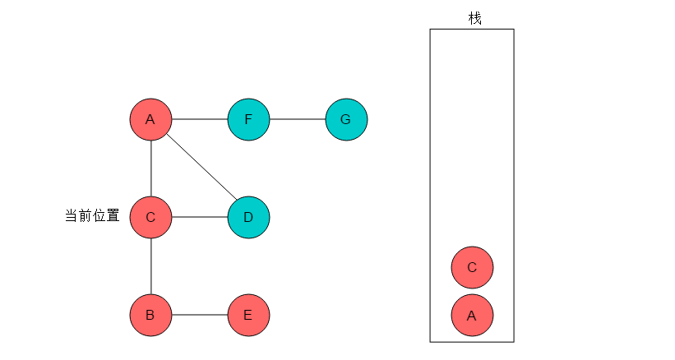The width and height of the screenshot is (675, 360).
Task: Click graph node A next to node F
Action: coord(150,119)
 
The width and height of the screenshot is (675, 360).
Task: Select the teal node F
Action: coord(248,119)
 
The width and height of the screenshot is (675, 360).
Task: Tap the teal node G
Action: coord(346,119)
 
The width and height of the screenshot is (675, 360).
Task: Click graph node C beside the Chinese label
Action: coord(150,217)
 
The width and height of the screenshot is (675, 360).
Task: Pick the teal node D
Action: coord(248,217)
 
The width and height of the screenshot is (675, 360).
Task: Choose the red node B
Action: coord(150,316)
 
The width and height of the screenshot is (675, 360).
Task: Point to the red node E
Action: coord(248,316)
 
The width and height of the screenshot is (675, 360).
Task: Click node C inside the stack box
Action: coord(472,267)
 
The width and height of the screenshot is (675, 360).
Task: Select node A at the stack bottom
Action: coord(472,316)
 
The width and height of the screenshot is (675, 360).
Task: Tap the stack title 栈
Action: coord(475,19)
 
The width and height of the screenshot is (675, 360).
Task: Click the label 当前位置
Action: coord(92,215)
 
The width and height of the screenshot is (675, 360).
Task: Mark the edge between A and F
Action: coord(200,119)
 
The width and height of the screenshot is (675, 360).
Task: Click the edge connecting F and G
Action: coord(298,119)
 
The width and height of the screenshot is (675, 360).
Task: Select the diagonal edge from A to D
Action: coord(202,168)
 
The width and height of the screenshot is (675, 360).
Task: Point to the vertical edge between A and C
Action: coord(151,168)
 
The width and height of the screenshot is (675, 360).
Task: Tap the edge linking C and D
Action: coord(200,217)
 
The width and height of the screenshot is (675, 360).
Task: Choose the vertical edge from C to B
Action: coord(151,266)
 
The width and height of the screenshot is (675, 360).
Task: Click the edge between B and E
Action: coord(200,315)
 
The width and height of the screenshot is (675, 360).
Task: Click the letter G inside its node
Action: coord(345,119)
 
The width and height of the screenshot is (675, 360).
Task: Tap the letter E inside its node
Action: coord(247,316)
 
